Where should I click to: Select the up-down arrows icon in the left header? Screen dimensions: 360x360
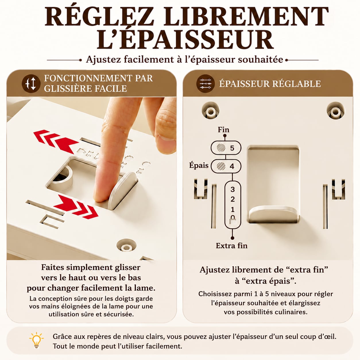click(x=31, y=84)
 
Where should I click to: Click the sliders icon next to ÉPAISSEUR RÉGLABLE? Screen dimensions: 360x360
click(x=206, y=84)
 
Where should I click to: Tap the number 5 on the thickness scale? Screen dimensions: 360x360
click(x=232, y=148)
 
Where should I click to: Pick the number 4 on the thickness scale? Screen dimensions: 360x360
click(x=232, y=166)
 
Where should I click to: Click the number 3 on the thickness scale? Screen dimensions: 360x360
click(x=233, y=189)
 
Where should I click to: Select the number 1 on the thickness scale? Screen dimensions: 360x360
click(x=233, y=209)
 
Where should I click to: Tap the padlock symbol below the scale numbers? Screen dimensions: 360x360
click(x=233, y=220)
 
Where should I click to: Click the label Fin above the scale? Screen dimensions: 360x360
click(x=223, y=130)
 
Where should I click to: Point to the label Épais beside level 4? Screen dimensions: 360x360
click(x=199, y=166)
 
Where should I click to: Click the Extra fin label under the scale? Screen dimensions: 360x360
click(x=231, y=246)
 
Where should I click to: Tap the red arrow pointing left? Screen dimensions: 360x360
click(x=56, y=141)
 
